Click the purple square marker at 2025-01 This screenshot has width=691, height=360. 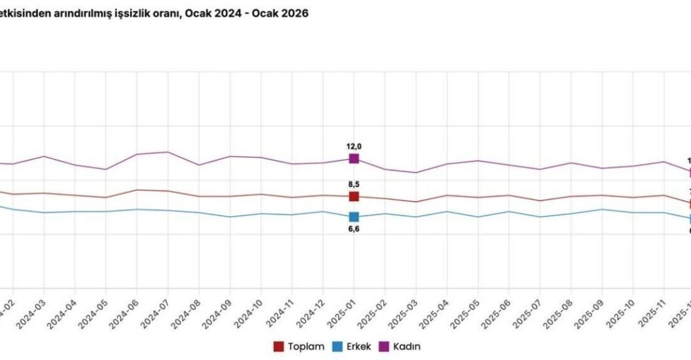tap(354, 158)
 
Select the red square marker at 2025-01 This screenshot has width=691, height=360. tap(354, 197)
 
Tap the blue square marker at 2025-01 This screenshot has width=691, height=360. tap(354, 217)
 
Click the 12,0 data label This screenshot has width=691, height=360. tap(354, 146)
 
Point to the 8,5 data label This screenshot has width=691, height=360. tap(354, 185)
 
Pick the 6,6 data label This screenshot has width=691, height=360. tap(354, 229)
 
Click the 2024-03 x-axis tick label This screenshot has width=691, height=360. tap(31, 312)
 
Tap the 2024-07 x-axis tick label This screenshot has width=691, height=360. tap(156, 312)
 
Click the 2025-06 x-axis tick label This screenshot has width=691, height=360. tap(497, 312)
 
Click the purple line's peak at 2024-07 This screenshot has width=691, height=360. tap(168, 152)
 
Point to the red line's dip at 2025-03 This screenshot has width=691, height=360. tap(415, 202)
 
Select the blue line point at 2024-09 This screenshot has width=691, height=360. tap(230, 217)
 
